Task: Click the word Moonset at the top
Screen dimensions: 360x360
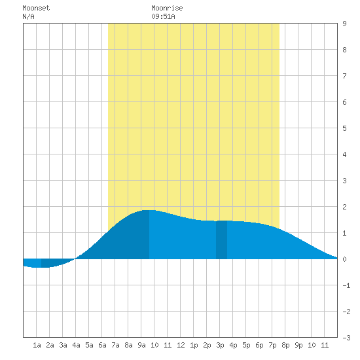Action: tap(36, 8)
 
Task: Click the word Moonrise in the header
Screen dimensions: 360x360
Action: tap(167, 8)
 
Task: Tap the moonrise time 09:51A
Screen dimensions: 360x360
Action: tap(163, 16)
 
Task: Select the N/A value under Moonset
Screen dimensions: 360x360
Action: tap(28, 16)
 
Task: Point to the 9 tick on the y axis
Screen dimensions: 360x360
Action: tap(344, 24)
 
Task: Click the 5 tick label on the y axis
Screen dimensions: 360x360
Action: tap(344, 128)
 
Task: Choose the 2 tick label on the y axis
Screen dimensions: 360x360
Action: tap(344, 207)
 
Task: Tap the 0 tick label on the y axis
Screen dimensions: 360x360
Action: tap(344, 259)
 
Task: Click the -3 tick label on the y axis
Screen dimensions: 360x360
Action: tap(346, 338)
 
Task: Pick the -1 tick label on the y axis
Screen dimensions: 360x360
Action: tap(346, 285)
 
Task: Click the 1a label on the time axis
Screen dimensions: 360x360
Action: tap(37, 345)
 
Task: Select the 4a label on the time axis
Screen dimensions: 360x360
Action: tap(76, 345)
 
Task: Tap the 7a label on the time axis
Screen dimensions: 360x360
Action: tap(115, 345)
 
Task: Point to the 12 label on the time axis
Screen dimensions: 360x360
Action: tap(181, 345)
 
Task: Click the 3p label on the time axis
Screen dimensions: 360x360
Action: tap(220, 345)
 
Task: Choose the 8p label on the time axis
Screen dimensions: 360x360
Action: tap(285, 345)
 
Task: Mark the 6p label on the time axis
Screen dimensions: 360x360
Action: tap(259, 345)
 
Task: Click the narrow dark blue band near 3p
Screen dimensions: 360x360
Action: tap(221, 240)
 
